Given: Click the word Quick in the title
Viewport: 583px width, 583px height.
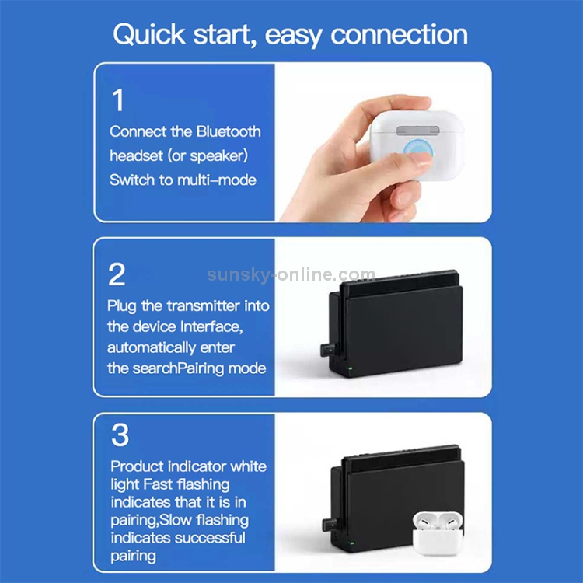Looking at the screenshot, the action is pos(149,34).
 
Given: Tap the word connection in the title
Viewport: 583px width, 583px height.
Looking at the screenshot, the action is pos(399,34).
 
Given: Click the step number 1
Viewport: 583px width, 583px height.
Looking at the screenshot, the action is pos(118,99).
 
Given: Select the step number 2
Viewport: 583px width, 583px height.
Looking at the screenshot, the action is pos(117,274).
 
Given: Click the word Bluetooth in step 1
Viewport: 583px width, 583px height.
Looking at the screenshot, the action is pos(229,131).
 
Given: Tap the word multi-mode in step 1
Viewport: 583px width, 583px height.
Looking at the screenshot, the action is pos(217,180).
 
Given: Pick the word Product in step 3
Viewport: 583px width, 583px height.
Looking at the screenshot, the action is pos(137,466).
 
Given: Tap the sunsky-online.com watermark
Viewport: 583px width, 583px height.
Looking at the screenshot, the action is pos(291,274).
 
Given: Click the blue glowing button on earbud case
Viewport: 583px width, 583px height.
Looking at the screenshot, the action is pos(417,151).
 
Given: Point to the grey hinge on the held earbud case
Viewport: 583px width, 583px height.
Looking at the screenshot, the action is pos(418,131).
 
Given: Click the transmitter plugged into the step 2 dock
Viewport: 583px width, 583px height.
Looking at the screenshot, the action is pos(328,351).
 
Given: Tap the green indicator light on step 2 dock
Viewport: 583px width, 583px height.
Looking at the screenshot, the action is pos(350,369).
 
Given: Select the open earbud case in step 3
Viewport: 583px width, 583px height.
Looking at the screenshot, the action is pos(438,533).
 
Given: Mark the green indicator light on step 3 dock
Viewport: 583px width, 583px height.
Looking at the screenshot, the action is pos(351,543).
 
